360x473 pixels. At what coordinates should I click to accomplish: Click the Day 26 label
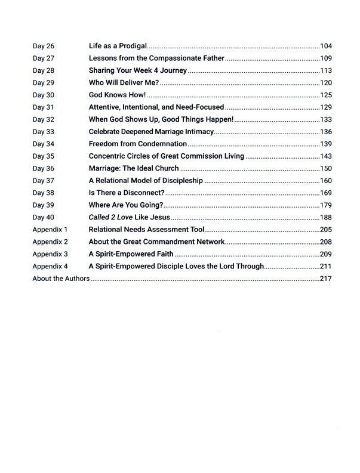pyautogui.click(x=43, y=47)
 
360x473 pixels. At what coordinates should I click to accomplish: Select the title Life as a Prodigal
pyautogui.click(x=118, y=47)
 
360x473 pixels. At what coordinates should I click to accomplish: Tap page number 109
pyautogui.click(x=325, y=58)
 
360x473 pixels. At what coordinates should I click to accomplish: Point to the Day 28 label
pyautogui.click(x=43, y=70)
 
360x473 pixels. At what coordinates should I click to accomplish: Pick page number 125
pyautogui.click(x=325, y=95)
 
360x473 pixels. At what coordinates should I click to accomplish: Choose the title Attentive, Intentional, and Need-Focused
pyautogui.click(x=156, y=107)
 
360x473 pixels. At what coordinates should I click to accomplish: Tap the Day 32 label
pyautogui.click(x=43, y=119)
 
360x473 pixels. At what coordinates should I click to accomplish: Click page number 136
pyautogui.click(x=325, y=131)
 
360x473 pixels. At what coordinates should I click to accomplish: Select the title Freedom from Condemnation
pyautogui.click(x=138, y=144)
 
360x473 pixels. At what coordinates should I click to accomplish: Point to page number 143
pyautogui.click(x=325, y=156)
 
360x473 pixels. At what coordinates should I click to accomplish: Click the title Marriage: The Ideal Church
pyautogui.click(x=134, y=169)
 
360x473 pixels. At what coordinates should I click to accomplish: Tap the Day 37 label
pyautogui.click(x=43, y=181)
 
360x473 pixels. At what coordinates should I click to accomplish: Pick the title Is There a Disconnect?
pyautogui.click(x=127, y=193)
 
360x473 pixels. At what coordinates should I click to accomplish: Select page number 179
pyautogui.click(x=325, y=205)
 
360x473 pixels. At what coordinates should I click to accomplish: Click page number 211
pyautogui.click(x=325, y=266)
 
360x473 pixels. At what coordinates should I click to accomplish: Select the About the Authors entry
pyautogui.click(x=61, y=279)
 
